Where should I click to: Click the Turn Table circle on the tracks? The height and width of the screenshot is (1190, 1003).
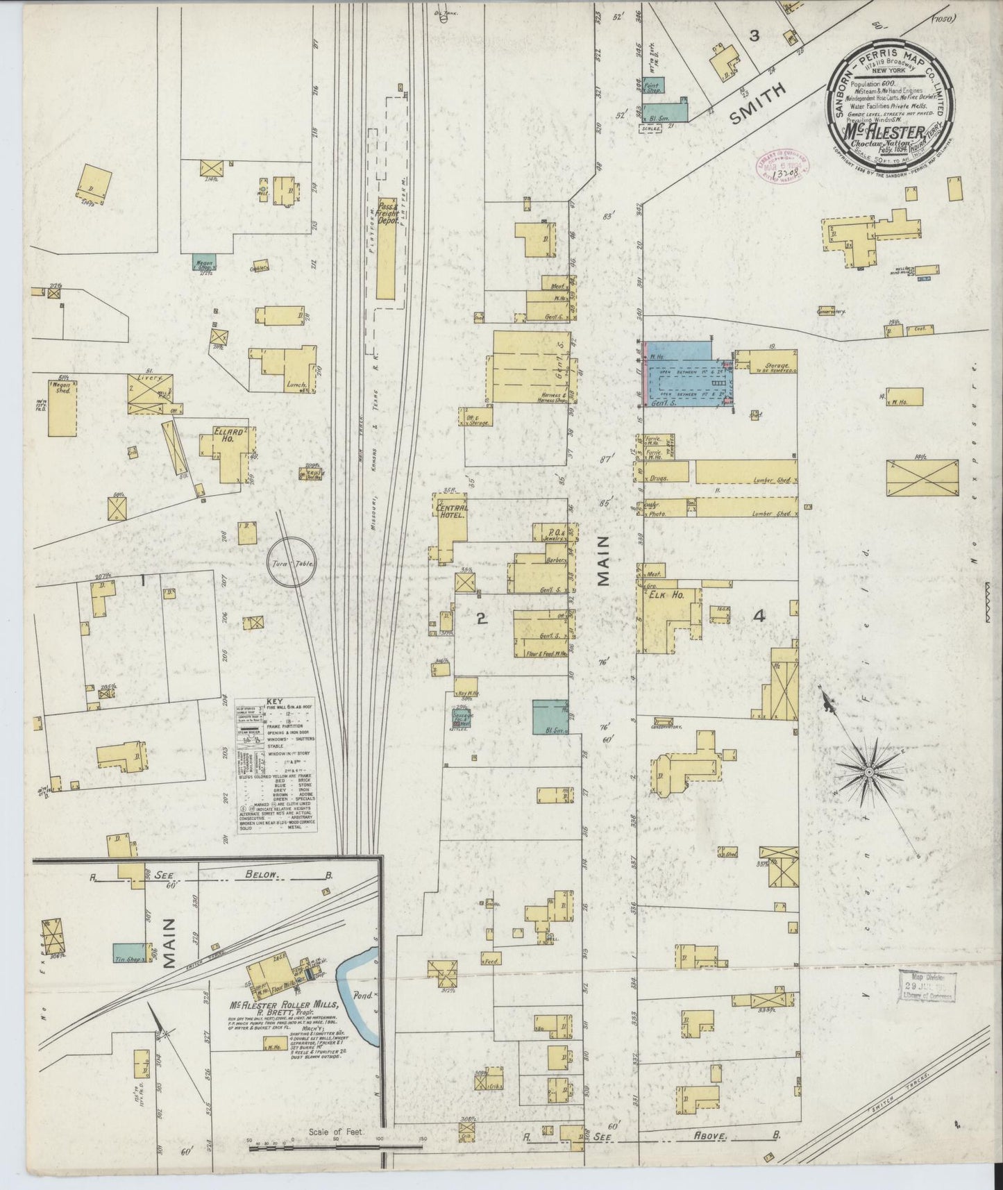click(292, 564)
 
